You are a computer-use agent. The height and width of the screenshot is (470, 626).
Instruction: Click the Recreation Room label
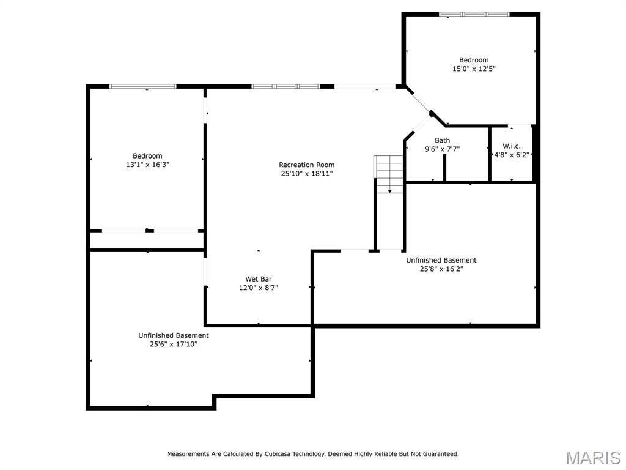307,165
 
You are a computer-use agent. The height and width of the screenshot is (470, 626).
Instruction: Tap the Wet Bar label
259,279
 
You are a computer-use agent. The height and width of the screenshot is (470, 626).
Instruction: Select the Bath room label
443,140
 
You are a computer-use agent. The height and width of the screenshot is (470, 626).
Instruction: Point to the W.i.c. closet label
512,146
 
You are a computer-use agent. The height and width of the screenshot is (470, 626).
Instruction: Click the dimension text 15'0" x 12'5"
474,69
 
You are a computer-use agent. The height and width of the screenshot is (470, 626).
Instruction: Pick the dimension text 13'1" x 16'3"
148,164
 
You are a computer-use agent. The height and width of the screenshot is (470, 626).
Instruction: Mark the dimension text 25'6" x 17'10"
174,344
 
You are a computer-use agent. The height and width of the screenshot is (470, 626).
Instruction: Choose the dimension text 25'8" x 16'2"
441,269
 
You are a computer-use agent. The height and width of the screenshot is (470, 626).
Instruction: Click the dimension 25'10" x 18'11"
307,173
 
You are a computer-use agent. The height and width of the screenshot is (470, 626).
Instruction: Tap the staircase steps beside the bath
388,174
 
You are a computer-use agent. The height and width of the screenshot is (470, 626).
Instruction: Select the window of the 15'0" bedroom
474,15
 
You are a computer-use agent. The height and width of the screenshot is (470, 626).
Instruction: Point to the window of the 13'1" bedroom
143,86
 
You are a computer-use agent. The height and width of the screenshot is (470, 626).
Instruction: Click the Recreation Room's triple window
285,86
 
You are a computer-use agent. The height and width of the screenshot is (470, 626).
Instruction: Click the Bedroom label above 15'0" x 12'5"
474,60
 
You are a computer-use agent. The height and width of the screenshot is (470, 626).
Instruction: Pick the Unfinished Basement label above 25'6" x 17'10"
174,335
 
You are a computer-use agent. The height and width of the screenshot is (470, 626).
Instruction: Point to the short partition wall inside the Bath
444,168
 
